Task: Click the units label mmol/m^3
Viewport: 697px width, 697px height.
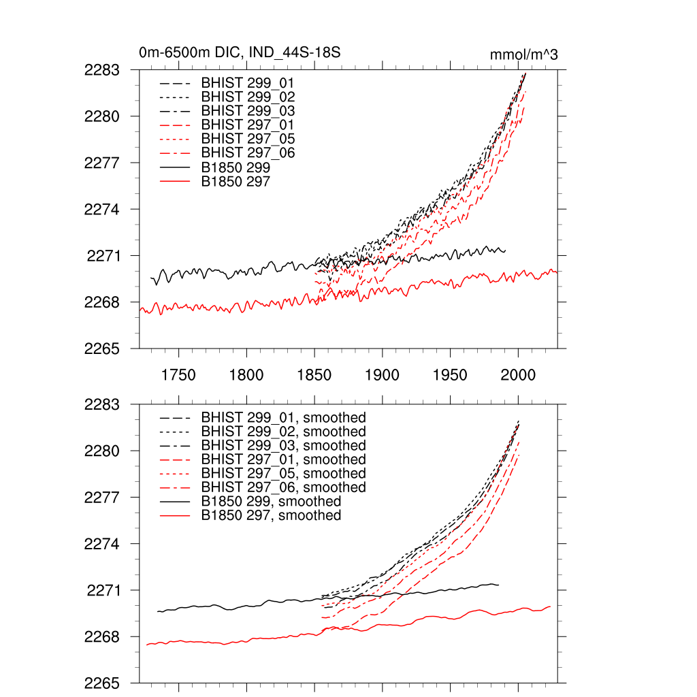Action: coord(523,54)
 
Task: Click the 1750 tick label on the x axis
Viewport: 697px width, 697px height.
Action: coord(178,375)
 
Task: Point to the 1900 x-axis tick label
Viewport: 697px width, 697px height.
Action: coord(383,375)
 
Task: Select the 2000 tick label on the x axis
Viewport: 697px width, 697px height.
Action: coord(519,375)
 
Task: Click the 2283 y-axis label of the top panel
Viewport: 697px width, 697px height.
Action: coord(102,69)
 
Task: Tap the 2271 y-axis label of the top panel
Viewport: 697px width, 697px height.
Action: coord(103,256)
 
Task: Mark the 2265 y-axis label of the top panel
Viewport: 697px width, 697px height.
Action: coord(102,348)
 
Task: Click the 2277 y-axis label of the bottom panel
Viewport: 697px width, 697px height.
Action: coord(102,498)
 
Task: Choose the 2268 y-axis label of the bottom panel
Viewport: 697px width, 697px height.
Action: coord(102,637)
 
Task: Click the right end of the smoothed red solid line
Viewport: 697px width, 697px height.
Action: coord(550,606)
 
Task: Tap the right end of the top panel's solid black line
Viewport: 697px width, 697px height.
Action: coord(505,251)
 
